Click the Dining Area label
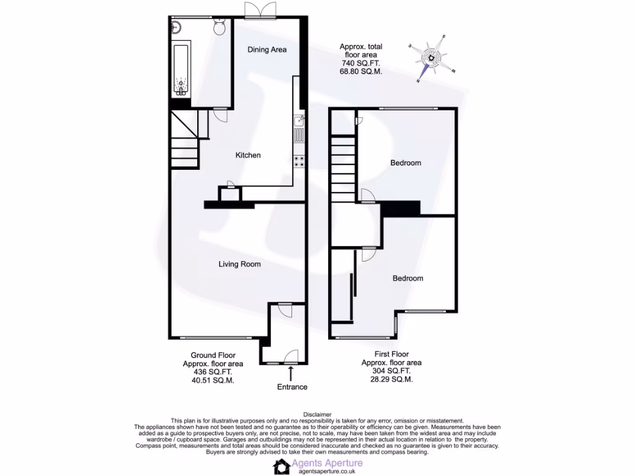267,50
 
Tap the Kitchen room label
247,155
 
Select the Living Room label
239,264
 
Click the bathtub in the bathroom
181,70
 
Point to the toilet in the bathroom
220,27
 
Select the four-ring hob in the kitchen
299,161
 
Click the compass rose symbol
431,58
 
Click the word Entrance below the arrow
291,387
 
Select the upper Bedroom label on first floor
406,163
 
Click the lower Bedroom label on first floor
408,278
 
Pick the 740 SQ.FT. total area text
360,63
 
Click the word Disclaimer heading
317,415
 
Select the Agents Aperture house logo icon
283,467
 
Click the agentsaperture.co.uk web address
327,471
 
